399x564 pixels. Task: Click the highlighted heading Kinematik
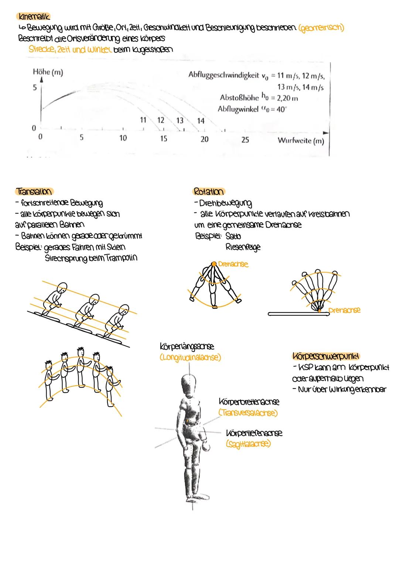click(33, 17)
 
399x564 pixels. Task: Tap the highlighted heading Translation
click(34, 191)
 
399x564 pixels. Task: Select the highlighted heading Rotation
click(209, 191)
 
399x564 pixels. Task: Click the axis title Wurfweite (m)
click(300, 141)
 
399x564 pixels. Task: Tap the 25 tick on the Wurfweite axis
click(245, 140)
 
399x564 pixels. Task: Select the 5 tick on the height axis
click(35, 88)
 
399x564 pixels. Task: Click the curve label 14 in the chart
click(201, 121)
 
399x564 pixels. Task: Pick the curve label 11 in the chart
click(143, 120)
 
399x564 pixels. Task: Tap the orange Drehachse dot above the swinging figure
click(214, 263)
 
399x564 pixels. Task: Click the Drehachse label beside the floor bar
click(344, 310)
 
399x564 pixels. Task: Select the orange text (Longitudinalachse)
click(190, 358)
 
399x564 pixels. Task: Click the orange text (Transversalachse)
click(248, 413)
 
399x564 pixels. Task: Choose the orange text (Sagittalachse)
click(248, 444)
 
